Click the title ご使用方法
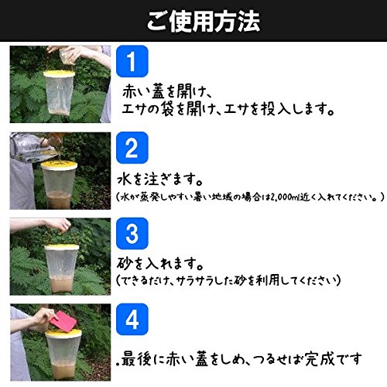coord(204,22)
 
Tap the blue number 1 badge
coord(132,61)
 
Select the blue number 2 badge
coord(132,148)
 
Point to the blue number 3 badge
coord(132,234)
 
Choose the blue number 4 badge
coord(132,320)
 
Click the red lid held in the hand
coord(63,322)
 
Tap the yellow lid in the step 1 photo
coord(59,74)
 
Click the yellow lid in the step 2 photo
coord(59,165)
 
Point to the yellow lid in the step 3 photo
coord(62,247)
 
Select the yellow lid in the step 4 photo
coord(63,333)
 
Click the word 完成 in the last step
coord(320,359)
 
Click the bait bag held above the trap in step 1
coord(67,57)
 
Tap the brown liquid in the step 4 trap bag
coord(63,369)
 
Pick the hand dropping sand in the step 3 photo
coord(59,225)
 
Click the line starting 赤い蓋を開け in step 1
coord(167,91)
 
